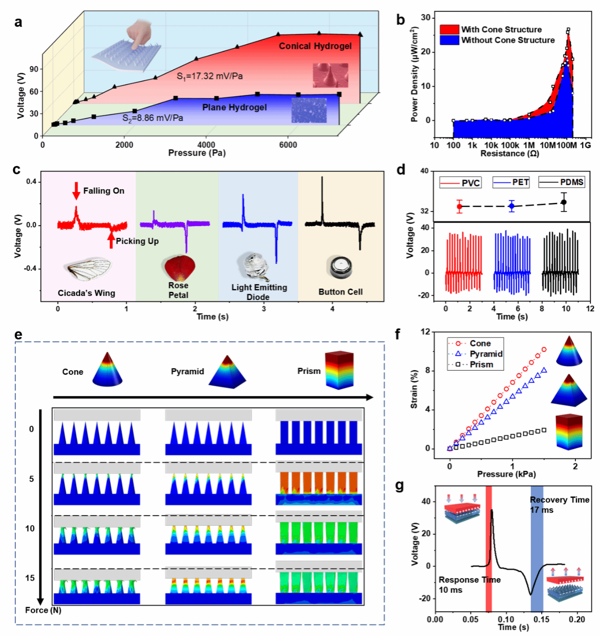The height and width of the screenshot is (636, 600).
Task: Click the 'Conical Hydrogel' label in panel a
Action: [x=315, y=46]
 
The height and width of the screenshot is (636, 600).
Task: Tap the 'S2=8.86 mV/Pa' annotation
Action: [x=153, y=118]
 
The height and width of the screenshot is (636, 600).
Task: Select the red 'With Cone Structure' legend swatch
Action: [x=449, y=30]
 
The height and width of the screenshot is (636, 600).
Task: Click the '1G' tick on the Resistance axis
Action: [x=585, y=145]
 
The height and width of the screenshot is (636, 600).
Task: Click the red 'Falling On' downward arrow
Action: [x=76, y=191]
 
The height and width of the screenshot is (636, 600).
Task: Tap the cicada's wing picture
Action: [x=88, y=269]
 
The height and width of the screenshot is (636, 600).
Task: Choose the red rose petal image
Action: [x=180, y=268]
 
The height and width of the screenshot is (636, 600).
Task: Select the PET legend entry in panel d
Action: [x=511, y=182]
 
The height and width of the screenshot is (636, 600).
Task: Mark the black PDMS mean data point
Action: [x=564, y=202]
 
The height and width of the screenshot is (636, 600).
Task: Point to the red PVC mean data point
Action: [x=460, y=207]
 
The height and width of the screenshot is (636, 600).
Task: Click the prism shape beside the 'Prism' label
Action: [x=339, y=370]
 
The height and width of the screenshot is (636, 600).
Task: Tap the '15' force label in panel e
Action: [x=30, y=578]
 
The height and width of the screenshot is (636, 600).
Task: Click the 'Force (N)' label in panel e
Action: [x=43, y=610]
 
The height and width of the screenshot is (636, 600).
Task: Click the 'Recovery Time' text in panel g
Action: [x=559, y=500]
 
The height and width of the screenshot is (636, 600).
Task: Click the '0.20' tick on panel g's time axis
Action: [x=577, y=619]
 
